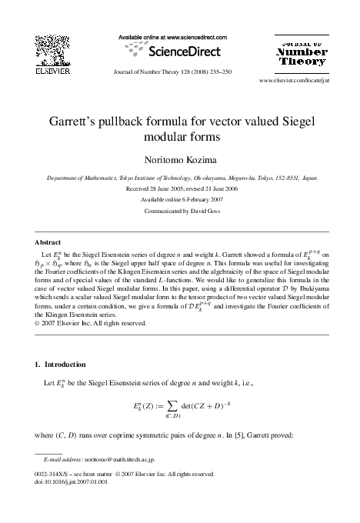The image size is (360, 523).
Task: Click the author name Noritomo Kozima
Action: tap(180, 161)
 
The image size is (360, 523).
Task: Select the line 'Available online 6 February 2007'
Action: tap(180, 196)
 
